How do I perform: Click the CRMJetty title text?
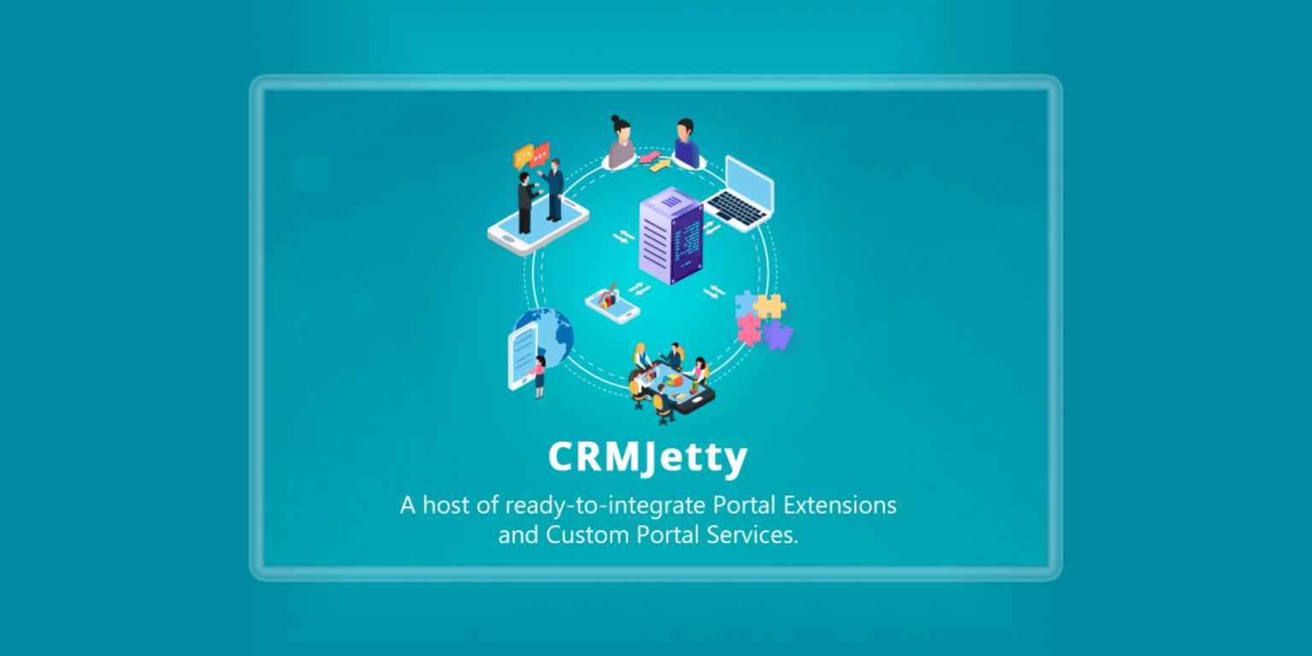(x=647, y=458)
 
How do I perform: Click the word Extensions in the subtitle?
(x=840, y=505)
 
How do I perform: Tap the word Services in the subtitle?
(x=752, y=535)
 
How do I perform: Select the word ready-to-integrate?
(x=605, y=506)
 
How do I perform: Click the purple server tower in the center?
(x=671, y=236)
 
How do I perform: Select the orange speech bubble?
(x=523, y=156)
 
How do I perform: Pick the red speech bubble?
(x=540, y=154)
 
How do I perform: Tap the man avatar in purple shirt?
(x=686, y=143)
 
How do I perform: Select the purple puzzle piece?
(x=778, y=335)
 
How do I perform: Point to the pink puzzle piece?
(x=749, y=329)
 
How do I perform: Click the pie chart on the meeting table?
(x=674, y=381)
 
